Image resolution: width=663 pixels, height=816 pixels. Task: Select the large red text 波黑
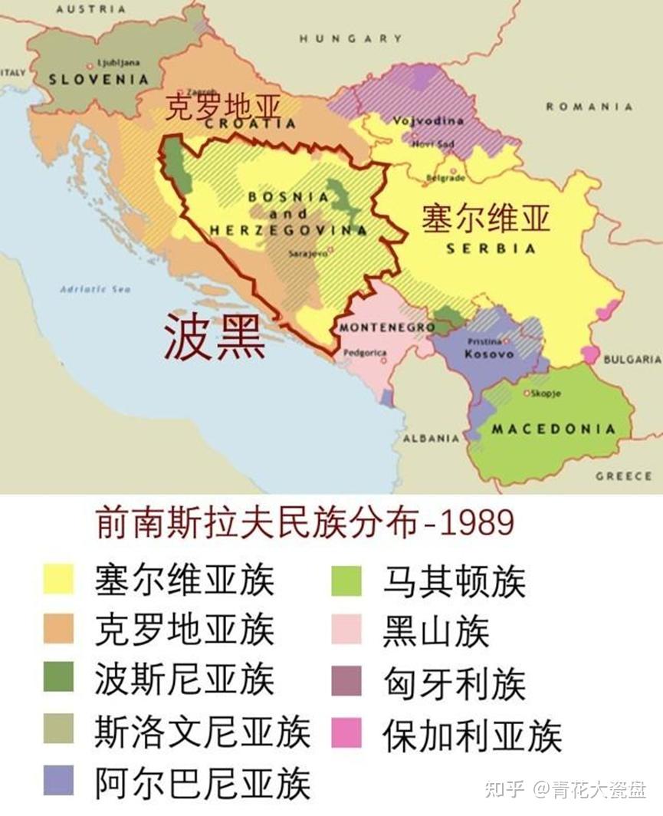click(215, 340)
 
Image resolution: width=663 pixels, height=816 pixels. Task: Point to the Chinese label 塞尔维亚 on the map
click(486, 219)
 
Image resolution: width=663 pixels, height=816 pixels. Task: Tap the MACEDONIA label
click(553, 429)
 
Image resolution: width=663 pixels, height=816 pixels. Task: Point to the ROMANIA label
click(589, 107)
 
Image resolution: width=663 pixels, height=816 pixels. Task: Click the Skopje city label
click(545, 393)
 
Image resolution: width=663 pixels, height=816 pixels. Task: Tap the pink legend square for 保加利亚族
click(346, 735)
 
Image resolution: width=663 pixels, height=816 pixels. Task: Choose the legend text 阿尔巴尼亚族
click(203, 783)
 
